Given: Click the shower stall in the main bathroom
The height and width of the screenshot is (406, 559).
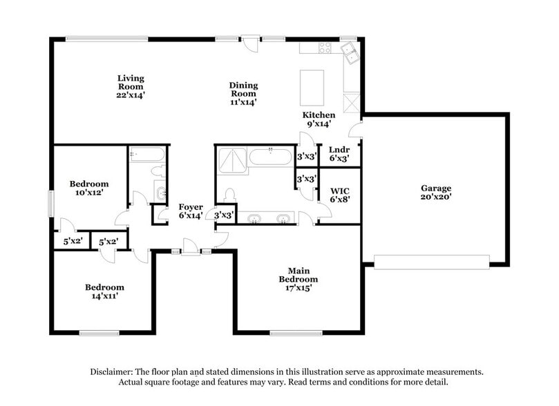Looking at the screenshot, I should coord(230,162).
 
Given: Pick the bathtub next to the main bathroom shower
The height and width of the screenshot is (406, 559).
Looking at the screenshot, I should coord(270,157).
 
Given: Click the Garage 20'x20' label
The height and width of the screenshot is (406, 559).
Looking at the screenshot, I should coord(436,193).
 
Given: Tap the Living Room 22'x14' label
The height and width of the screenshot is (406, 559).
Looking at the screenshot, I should coord(131,87).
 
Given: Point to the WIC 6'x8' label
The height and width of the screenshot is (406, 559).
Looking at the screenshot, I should coord(339,195).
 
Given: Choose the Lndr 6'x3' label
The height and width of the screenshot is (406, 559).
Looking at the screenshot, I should coord(339,153).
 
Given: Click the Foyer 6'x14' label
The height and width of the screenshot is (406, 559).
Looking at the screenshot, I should coord(191,211).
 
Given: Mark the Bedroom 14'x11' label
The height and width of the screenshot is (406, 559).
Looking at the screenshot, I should coord(104,291).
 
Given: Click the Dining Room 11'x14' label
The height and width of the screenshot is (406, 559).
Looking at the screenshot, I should coord(243,93).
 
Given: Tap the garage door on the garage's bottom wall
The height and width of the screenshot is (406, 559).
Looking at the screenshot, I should coord(432,262).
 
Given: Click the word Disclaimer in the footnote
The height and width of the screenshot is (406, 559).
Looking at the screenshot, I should coord(113,371).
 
